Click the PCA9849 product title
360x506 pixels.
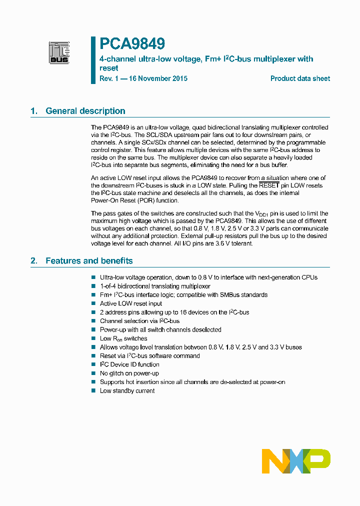(132, 44)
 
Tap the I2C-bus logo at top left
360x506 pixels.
(59, 52)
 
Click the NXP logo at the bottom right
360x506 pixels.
(296, 461)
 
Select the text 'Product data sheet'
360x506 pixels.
(300, 78)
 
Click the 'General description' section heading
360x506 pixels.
(85, 111)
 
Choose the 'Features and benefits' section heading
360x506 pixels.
(89, 260)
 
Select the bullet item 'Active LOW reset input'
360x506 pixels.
(131, 303)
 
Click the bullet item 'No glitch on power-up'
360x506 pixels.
(129, 373)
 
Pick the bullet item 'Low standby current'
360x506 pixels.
(127, 391)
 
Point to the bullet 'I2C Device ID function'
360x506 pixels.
(129, 364)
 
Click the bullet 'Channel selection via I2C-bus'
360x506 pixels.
(139, 321)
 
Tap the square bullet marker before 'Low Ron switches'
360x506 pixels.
(93, 338)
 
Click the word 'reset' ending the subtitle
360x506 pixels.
(109, 68)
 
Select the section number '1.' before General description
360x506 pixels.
(34, 111)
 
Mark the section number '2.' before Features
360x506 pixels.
(34, 260)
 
